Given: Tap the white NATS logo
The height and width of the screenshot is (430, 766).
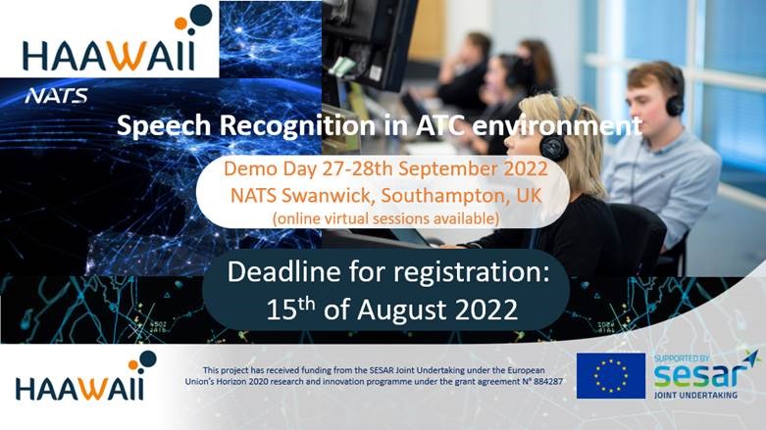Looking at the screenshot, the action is click(x=57, y=96).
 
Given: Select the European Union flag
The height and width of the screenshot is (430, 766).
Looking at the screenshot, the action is click(x=611, y=376).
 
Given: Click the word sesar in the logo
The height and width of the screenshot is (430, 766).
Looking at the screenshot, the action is click(x=702, y=376).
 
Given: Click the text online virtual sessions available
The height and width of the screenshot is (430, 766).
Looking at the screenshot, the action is click(x=385, y=218).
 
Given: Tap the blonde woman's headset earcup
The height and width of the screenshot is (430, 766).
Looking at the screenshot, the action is click(x=552, y=146).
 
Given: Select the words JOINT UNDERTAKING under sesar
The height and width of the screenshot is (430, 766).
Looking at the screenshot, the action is click(x=695, y=395).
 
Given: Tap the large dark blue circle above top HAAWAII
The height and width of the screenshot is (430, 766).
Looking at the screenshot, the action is click(x=201, y=14).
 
